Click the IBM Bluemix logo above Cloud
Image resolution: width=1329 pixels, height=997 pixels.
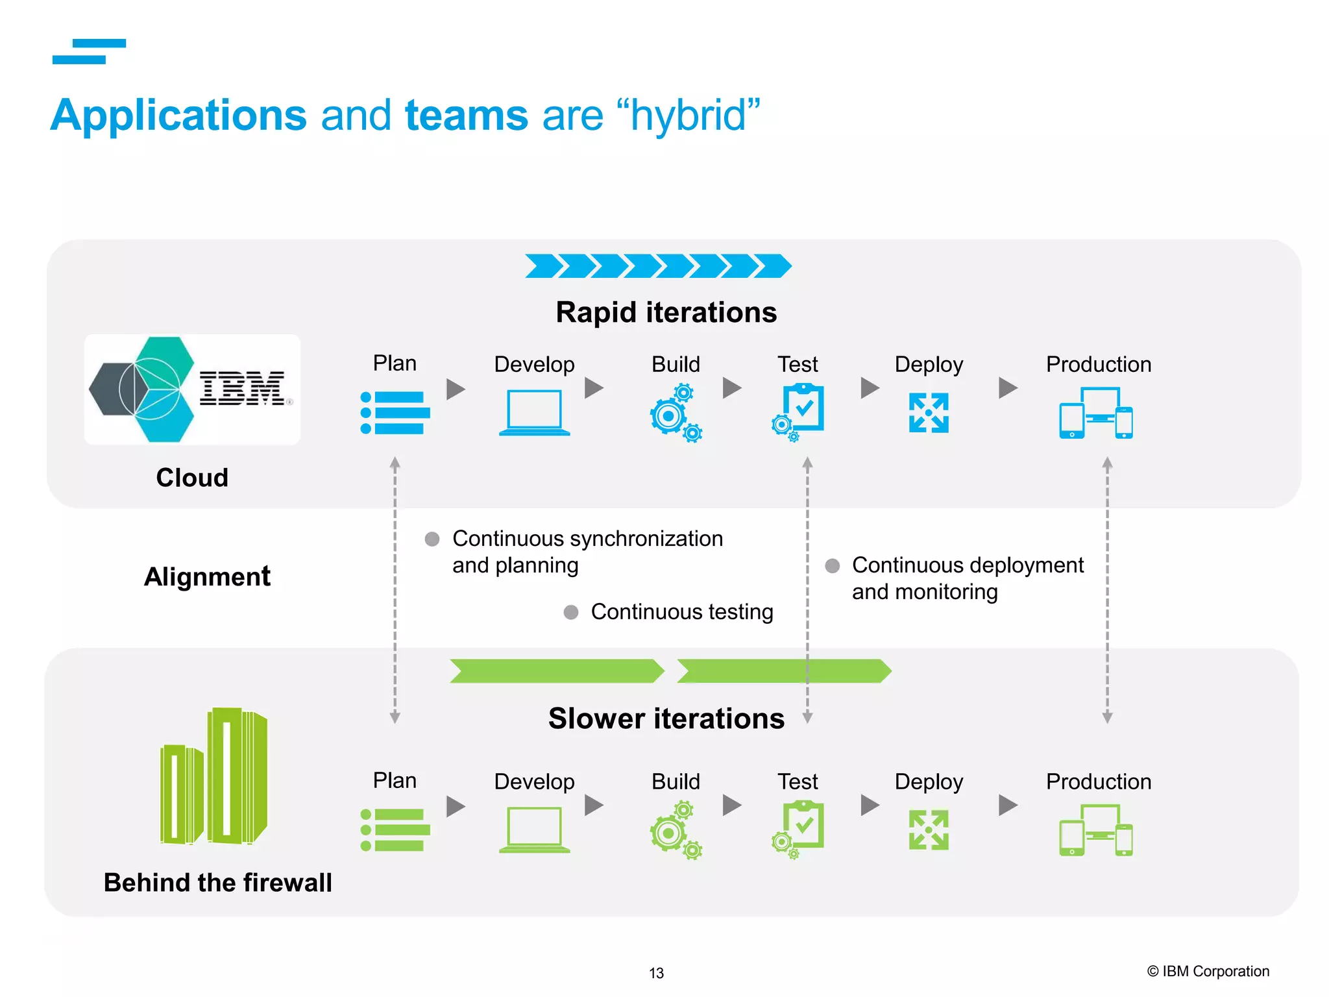coord(192,389)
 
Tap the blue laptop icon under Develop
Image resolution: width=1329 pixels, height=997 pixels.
coord(534,413)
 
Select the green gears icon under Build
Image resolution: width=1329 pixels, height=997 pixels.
coord(676,830)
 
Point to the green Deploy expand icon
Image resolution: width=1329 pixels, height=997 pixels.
coord(929,830)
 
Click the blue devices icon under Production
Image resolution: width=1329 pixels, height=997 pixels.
coord(1096,413)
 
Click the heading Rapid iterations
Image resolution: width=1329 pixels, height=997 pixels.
coord(666,312)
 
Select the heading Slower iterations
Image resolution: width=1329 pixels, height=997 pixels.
coord(666,719)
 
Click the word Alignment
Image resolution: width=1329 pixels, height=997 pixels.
coord(207,576)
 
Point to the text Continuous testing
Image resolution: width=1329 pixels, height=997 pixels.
coord(681,611)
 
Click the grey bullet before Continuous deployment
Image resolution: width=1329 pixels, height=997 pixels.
coord(832,565)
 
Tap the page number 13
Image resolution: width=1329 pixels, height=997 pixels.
coord(656,973)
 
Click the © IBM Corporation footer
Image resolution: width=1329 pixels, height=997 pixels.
coord(1208,971)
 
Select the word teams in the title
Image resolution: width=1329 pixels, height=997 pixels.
coord(467,116)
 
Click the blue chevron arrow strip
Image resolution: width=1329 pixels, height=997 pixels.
coord(658,266)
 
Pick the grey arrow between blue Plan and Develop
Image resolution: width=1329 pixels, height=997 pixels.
coord(456,389)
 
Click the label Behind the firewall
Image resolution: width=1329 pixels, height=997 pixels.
coord(217,883)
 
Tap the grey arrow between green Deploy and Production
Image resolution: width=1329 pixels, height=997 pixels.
coord(1007,806)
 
